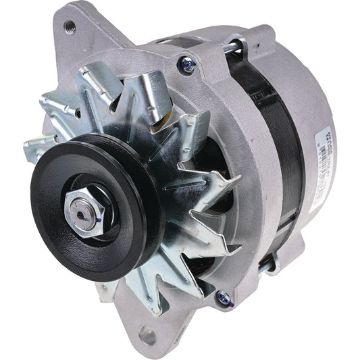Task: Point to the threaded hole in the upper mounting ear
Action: pyautogui.click(x=70, y=26)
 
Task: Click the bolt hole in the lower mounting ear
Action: pyautogui.click(x=147, y=333)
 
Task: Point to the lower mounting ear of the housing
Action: pyautogui.click(x=145, y=324)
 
